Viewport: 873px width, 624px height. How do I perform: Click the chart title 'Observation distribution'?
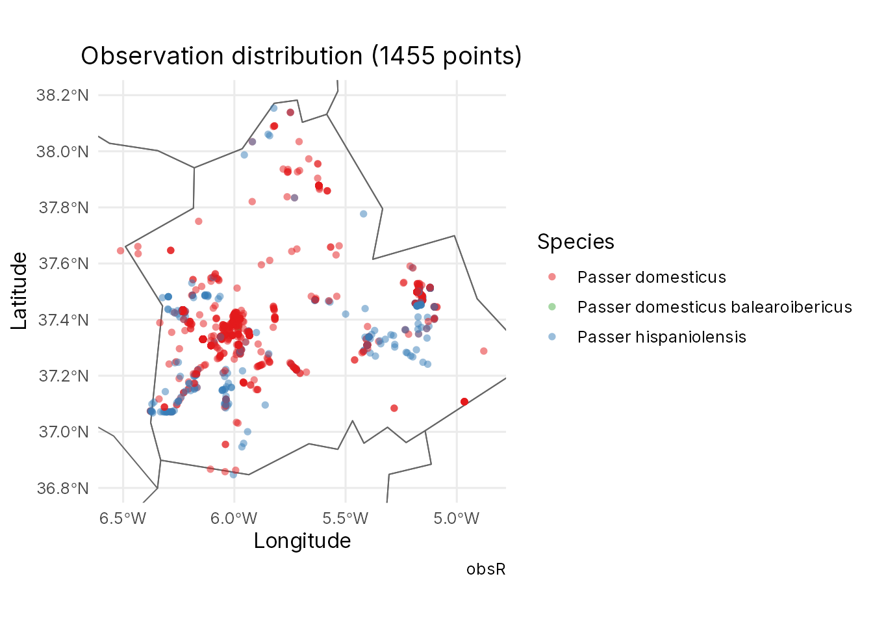click(222, 56)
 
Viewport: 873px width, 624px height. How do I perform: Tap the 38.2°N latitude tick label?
click(63, 95)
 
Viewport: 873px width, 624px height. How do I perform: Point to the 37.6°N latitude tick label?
click(64, 264)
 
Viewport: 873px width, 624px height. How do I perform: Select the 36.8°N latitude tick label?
click(63, 488)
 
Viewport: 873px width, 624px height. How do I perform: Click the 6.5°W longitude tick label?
click(123, 519)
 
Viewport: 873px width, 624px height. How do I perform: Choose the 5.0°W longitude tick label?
click(457, 519)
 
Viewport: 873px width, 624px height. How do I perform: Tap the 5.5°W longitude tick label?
click(346, 519)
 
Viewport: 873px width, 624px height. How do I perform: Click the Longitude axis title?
click(303, 541)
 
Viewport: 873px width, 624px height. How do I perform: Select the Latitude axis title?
click(19, 291)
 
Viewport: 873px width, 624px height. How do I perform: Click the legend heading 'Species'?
click(576, 242)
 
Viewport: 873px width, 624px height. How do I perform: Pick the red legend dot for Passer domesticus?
click(552, 277)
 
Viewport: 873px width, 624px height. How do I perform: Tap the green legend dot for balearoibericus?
click(552, 307)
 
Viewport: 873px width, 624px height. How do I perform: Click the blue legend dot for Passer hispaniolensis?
click(552, 337)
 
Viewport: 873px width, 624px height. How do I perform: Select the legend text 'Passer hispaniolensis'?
click(662, 337)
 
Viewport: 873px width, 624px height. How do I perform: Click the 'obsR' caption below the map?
click(486, 569)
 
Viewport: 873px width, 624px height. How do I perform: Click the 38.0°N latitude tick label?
click(63, 151)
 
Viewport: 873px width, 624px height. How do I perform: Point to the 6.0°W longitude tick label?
click(234, 519)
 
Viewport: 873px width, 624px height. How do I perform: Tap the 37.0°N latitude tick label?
click(64, 432)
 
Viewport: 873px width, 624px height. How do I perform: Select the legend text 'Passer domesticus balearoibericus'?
click(715, 307)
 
